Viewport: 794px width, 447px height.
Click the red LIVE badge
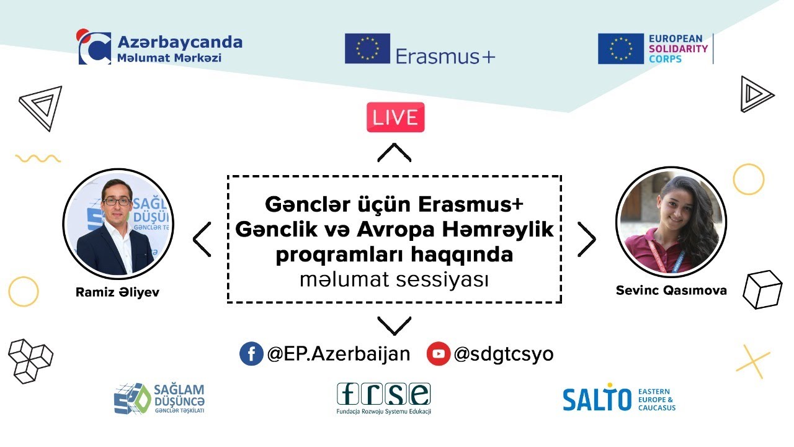coord(395,117)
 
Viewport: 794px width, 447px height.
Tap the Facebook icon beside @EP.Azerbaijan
coord(251,354)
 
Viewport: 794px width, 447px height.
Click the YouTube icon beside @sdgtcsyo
coord(438,354)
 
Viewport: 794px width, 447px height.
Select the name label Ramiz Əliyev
coord(117,292)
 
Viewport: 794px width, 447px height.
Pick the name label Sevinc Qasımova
coord(671,290)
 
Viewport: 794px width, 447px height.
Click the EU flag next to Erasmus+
coord(367,49)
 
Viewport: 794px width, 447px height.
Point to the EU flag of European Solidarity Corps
coord(620,49)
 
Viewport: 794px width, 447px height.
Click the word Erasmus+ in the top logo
coord(445,56)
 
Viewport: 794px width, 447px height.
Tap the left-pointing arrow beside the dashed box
coord(202,239)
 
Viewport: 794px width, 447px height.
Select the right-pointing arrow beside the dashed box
coord(586,239)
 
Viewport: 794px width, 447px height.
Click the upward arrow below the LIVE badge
coord(395,152)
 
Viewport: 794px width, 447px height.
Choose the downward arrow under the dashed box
coord(395,325)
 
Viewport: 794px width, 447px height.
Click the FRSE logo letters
coord(383,394)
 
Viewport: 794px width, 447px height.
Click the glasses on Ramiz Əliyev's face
coord(117,201)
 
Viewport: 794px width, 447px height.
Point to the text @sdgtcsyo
coord(503,354)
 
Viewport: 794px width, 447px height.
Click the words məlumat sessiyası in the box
coord(394,280)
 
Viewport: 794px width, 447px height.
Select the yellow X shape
coord(752,361)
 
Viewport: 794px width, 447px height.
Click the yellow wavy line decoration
coord(38,158)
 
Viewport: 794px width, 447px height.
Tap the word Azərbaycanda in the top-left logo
coord(180,42)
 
